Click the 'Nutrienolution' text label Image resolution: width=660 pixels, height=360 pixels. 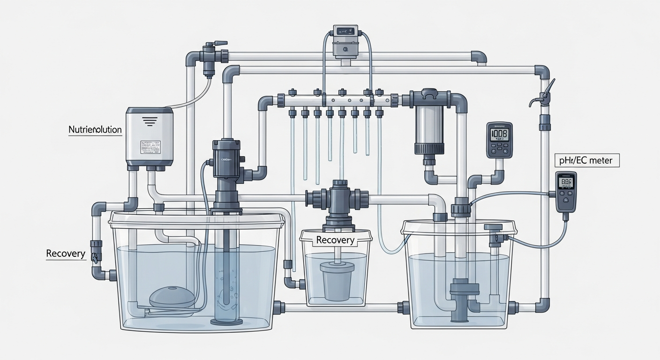tap(95, 129)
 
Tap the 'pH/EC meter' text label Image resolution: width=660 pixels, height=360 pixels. tap(587, 161)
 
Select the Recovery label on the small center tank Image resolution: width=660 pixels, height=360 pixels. tap(335, 240)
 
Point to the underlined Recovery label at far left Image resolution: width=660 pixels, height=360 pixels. tap(66, 254)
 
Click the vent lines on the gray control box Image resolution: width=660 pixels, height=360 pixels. tap(150, 121)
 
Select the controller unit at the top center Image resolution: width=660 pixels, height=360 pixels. tap(346, 41)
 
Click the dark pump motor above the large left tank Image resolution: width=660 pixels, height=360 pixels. tap(227, 157)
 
